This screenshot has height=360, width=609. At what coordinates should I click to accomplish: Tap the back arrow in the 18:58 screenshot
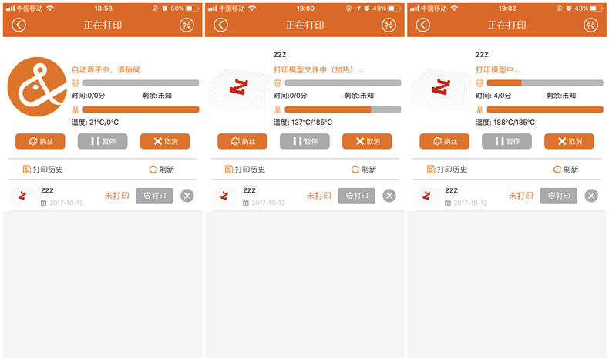tap(19, 25)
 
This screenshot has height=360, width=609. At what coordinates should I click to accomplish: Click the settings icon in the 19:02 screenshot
tap(590, 25)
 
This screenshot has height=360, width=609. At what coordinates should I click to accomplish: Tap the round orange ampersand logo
tap(37, 86)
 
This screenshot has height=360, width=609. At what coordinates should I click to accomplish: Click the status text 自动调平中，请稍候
tap(106, 70)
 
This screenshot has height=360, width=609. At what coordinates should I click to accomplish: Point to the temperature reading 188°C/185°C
tap(514, 123)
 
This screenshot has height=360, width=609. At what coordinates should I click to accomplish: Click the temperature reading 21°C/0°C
tap(104, 123)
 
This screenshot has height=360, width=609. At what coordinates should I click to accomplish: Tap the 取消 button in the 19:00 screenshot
tap(367, 141)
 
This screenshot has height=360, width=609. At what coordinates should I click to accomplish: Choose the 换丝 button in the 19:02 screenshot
tap(444, 141)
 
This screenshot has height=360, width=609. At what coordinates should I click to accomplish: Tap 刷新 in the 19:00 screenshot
tap(364, 170)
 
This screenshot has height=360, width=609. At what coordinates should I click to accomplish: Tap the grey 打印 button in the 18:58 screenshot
tap(155, 196)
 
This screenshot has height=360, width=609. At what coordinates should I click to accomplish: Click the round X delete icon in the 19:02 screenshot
tap(591, 196)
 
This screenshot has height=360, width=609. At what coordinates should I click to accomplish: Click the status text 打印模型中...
tap(497, 70)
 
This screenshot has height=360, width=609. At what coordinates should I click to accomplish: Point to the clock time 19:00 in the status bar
tap(305, 8)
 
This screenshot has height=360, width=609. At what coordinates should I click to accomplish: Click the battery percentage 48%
tap(581, 8)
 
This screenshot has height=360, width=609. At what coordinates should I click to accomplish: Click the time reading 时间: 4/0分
tap(493, 96)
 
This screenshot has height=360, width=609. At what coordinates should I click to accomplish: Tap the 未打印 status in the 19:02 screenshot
tap(521, 196)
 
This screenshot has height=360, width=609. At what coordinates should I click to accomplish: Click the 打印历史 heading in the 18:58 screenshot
tap(43, 170)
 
